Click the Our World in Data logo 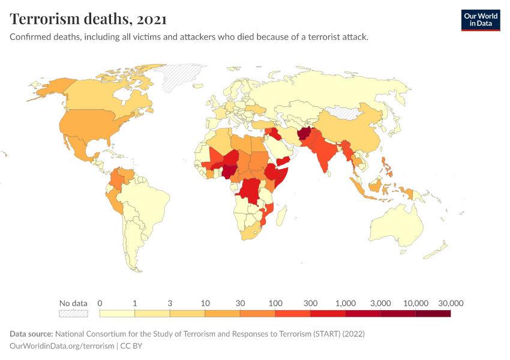480,20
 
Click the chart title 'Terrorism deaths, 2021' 88,19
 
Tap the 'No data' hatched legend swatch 73,313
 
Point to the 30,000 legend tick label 451,303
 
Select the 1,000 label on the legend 346,303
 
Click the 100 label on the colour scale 275,303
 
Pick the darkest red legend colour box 433,313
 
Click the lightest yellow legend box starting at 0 117,313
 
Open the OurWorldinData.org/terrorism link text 62,346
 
